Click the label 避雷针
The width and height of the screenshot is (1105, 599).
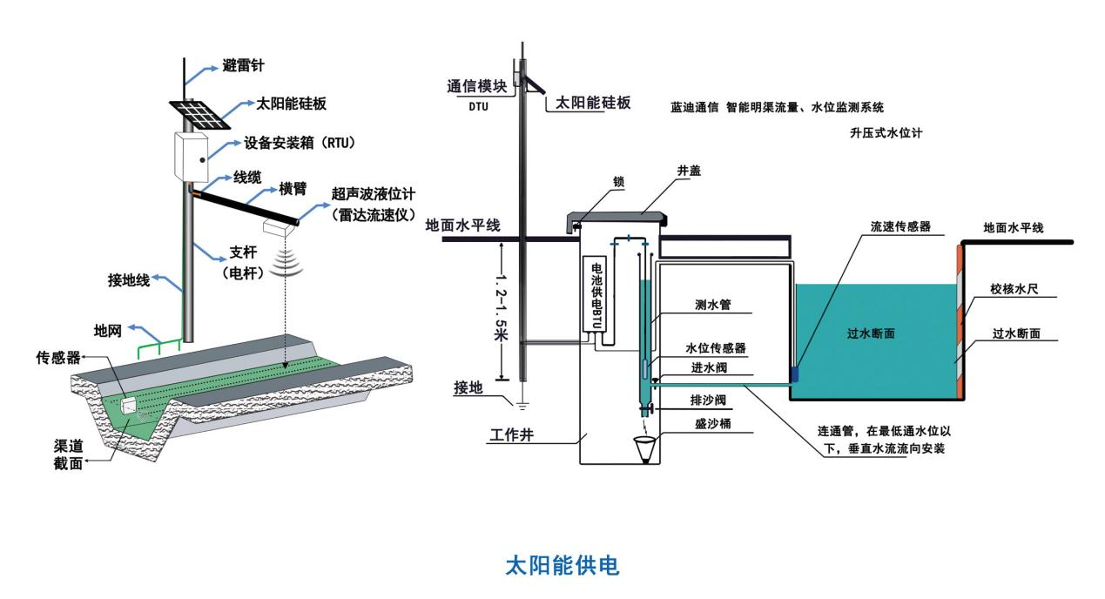pos(242,67)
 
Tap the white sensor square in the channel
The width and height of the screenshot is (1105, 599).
pos(130,406)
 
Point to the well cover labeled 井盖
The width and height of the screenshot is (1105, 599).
pos(617,212)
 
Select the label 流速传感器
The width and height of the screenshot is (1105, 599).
pos(900,225)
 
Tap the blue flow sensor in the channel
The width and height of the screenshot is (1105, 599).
pos(793,373)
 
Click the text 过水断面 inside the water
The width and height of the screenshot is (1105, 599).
pos(871,333)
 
